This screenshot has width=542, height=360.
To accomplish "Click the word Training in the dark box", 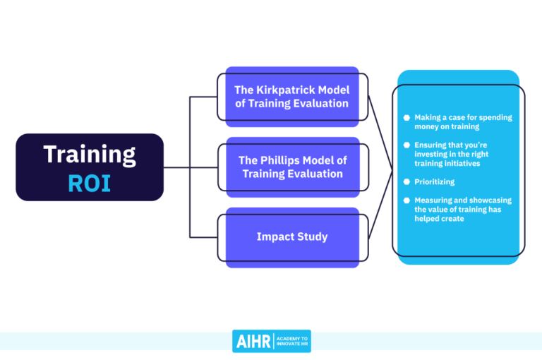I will pyautogui.click(x=90, y=154).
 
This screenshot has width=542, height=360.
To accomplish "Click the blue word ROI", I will pyautogui.click(x=90, y=182).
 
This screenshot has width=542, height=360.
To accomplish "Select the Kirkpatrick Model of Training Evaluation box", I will pyautogui.click(x=291, y=97).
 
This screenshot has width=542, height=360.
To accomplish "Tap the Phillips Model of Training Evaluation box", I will pyautogui.click(x=291, y=167).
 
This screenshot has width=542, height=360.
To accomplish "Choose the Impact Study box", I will pyautogui.click(x=291, y=237).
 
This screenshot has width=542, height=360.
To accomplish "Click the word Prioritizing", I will pyautogui.click(x=434, y=182).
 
